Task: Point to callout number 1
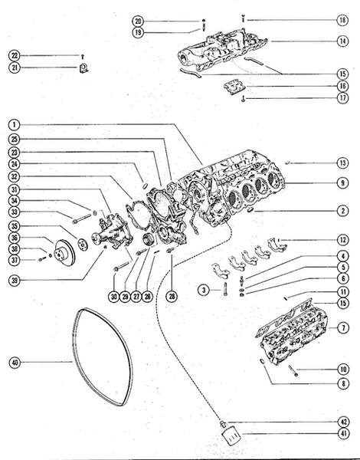coord(15,123)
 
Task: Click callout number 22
coord(15,55)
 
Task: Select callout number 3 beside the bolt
coord(203,289)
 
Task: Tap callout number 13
coord(343,163)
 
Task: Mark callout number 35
coord(15,227)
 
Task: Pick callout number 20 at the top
coord(138,21)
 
